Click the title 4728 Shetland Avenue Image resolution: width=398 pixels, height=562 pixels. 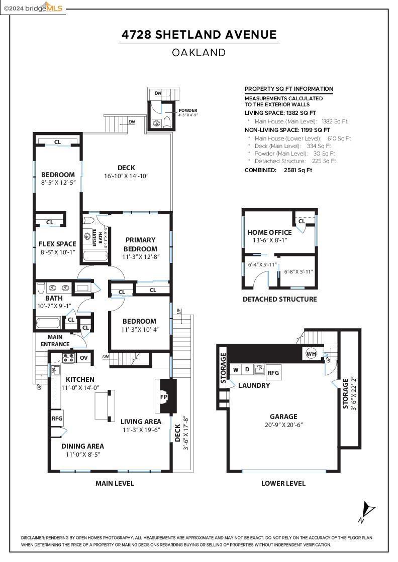point(199,35)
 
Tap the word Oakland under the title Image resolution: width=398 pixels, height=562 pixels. point(199,52)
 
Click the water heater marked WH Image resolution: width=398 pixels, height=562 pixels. point(311,354)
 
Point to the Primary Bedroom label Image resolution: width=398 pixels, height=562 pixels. point(141,244)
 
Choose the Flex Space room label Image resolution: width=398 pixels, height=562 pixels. point(57,244)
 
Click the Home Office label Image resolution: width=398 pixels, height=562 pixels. point(269,232)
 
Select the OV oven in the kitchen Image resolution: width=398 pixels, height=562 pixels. point(83,358)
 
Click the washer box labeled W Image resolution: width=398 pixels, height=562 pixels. point(236,370)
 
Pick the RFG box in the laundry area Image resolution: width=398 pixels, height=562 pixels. point(273,372)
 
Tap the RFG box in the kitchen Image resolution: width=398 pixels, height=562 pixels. point(57,417)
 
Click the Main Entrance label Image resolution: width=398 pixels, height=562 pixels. point(55,341)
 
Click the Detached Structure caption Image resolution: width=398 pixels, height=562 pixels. point(279,299)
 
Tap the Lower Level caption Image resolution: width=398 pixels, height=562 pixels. point(283,483)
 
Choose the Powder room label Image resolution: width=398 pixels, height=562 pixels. point(188,110)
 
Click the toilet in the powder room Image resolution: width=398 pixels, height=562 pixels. point(166,122)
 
